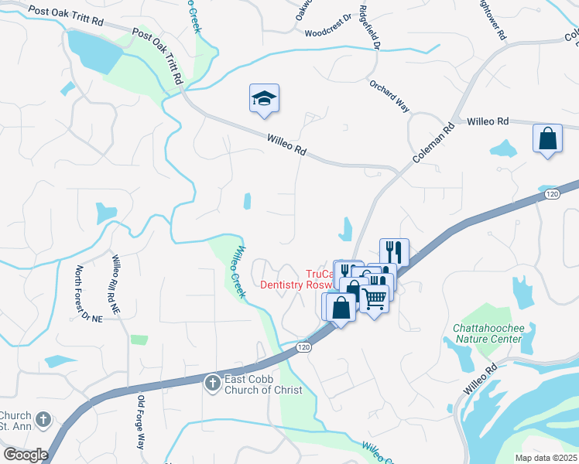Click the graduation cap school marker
tap(264, 99)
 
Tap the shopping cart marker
tap(375, 298)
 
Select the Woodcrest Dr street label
tap(327, 32)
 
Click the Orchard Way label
tap(389, 96)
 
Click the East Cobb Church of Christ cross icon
tap(212, 383)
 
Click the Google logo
tap(26, 455)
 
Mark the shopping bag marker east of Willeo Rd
tap(547, 140)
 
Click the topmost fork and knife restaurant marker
tap(394, 251)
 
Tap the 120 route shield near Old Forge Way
tap(303, 349)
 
